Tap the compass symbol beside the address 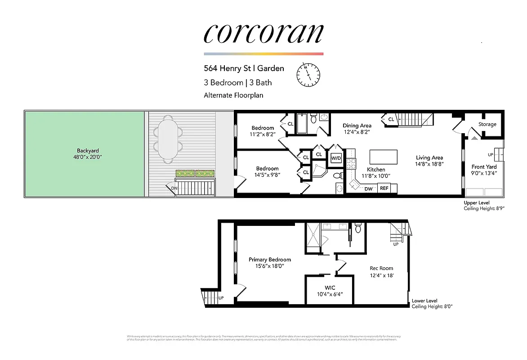(x=308, y=74)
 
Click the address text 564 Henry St (x=228, y=68)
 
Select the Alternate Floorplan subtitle (x=233, y=95)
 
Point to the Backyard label (x=88, y=151)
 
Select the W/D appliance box (x=336, y=158)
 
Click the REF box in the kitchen (x=384, y=189)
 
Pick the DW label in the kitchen (x=368, y=189)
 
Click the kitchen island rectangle (x=384, y=157)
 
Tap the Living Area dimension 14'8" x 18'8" (x=429, y=164)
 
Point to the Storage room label (x=487, y=124)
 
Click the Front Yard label (x=484, y=167)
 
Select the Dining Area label (x=357, y=126)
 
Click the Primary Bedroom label (x=270, y=260)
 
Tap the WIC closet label (x=330, y=288)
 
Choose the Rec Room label (x=381, y=268)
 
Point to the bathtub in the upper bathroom (x=302, y=125)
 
